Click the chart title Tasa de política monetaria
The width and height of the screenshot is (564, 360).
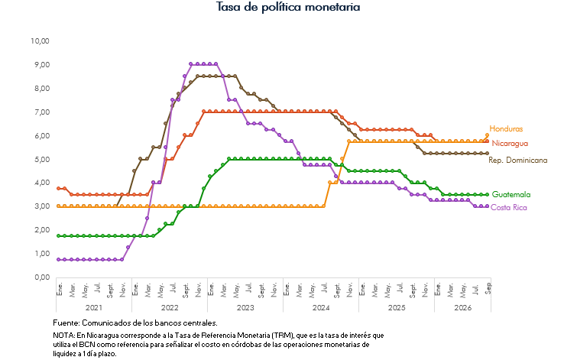(288, 7)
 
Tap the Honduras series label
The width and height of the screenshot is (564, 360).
(506, 128)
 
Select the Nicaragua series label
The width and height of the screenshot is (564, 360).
(510, 144)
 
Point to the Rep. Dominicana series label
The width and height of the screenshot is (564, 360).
(517, 160)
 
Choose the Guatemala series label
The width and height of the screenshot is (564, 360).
(511, 195)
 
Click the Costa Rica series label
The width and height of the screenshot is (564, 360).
(508, 207)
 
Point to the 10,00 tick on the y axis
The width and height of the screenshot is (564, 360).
(40, 41)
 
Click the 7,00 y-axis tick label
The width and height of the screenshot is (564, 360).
(42, 112)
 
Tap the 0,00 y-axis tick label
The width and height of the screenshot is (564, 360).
(42, 277)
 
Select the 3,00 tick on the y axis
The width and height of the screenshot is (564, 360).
(42, 206)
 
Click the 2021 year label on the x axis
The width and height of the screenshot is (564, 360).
(94, 308)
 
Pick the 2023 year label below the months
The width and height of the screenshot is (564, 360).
(245, 308)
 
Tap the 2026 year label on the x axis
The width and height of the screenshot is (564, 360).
(462, 308)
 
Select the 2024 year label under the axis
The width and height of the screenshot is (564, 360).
(321, 308)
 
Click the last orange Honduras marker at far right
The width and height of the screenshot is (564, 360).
(488, 135)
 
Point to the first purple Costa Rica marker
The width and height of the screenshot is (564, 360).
(59, 259)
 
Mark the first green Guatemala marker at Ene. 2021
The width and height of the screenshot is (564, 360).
(59, 236)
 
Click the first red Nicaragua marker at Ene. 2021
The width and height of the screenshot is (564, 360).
(59, 189)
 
